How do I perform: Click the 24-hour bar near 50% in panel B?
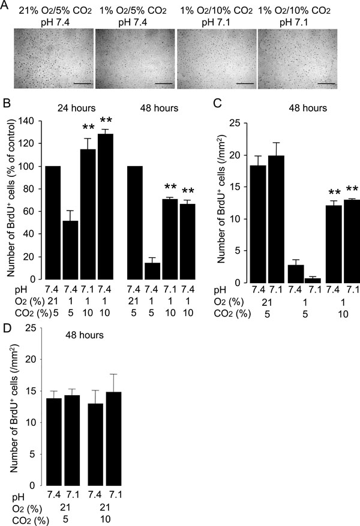(73, 245)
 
